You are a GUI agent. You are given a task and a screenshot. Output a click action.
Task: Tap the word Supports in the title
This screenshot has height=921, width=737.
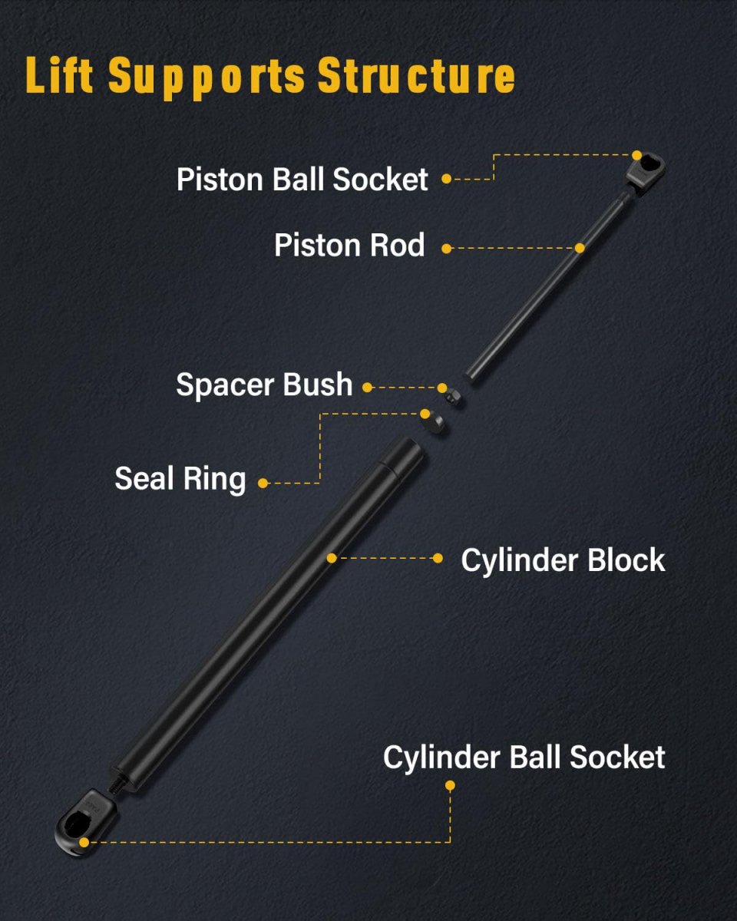(x=207, y=77)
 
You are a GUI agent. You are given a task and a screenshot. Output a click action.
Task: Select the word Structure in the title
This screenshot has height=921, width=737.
(x=416, y=75)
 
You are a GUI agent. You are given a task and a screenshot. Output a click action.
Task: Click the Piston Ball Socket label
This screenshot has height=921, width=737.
(x=302, y=179)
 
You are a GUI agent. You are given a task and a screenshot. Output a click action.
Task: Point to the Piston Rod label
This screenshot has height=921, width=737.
(x=349, y=246)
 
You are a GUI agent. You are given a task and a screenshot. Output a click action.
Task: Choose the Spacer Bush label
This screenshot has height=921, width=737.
(x=264, y=385)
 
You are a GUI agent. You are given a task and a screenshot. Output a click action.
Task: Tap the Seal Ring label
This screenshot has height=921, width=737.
(x=180, y=480)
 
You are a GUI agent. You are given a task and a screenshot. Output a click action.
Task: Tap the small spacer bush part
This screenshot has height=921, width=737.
(x=452, y=396)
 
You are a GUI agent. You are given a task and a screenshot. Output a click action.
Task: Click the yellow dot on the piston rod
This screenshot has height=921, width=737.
(x=580, y=248)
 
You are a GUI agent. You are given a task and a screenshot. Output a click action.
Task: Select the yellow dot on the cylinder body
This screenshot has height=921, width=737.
(x=332, y=558)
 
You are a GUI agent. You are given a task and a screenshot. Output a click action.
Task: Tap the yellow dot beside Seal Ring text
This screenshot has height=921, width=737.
(x=263, y=484)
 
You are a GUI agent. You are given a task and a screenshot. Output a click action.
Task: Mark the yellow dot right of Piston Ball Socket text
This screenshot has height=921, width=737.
(x=447, y=179)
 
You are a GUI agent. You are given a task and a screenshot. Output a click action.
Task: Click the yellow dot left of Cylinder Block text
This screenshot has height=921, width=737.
(x=438, y=558)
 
